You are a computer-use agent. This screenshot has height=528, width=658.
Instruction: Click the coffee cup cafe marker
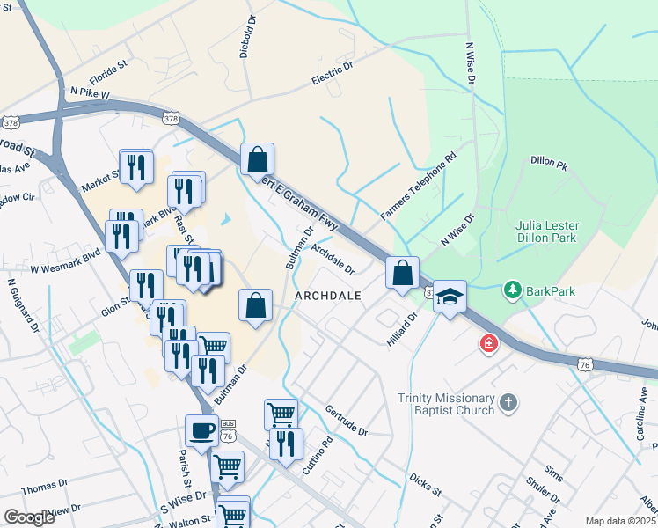pyautogui.click(x=201, y=430)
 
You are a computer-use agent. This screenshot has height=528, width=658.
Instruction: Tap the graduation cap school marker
pyautogui.click(x=450, y=297)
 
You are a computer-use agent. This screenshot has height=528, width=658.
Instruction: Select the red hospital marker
pyautogui.click(x=487, y=343)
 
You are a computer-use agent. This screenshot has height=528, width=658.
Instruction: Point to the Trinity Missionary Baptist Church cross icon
pyautogui.click(x=507, y=403)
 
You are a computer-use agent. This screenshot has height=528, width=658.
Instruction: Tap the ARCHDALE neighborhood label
pyautogui.click(x=328, y=296)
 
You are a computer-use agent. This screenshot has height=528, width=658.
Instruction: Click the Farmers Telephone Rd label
pyautogui.click(x=418, y=187)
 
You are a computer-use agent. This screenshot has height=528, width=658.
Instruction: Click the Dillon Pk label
pyautogui.click(x=550, y=162)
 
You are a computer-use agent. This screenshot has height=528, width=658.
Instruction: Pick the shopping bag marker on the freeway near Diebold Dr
pyautogui.click(x=257, y=159)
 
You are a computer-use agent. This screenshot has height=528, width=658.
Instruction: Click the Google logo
pyautogui.click(x=29, y=517)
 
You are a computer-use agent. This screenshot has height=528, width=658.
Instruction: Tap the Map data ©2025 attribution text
pyautogui.click(x=620, y=521)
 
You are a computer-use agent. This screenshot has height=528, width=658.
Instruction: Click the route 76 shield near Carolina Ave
pyautogui.click(x=585, y=363)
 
